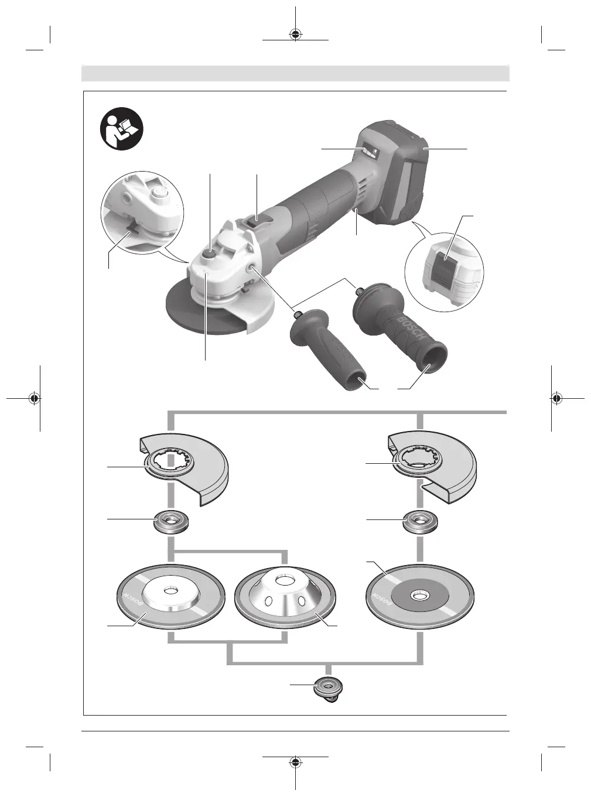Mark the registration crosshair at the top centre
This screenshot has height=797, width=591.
tap(296, 33)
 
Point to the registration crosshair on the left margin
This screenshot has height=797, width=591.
tap(35, 398)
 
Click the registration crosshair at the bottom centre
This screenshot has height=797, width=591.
tap(296, 762)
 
